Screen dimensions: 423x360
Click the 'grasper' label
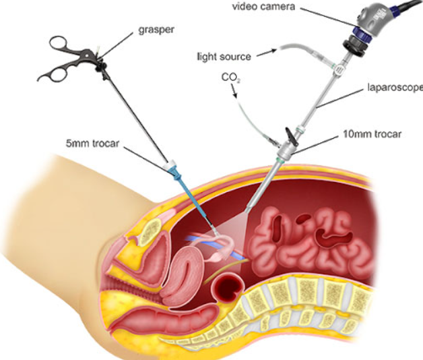coord(156,30)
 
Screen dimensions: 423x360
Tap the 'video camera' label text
coord(263,7)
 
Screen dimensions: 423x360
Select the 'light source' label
coord(224,57)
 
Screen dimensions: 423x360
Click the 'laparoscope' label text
coord(395,88)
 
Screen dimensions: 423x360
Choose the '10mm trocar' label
coord(372,134)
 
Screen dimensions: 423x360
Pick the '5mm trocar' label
coord(92,144)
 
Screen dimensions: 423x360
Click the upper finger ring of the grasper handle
coord(59,43)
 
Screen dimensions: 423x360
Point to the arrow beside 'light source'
coord(267,53)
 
